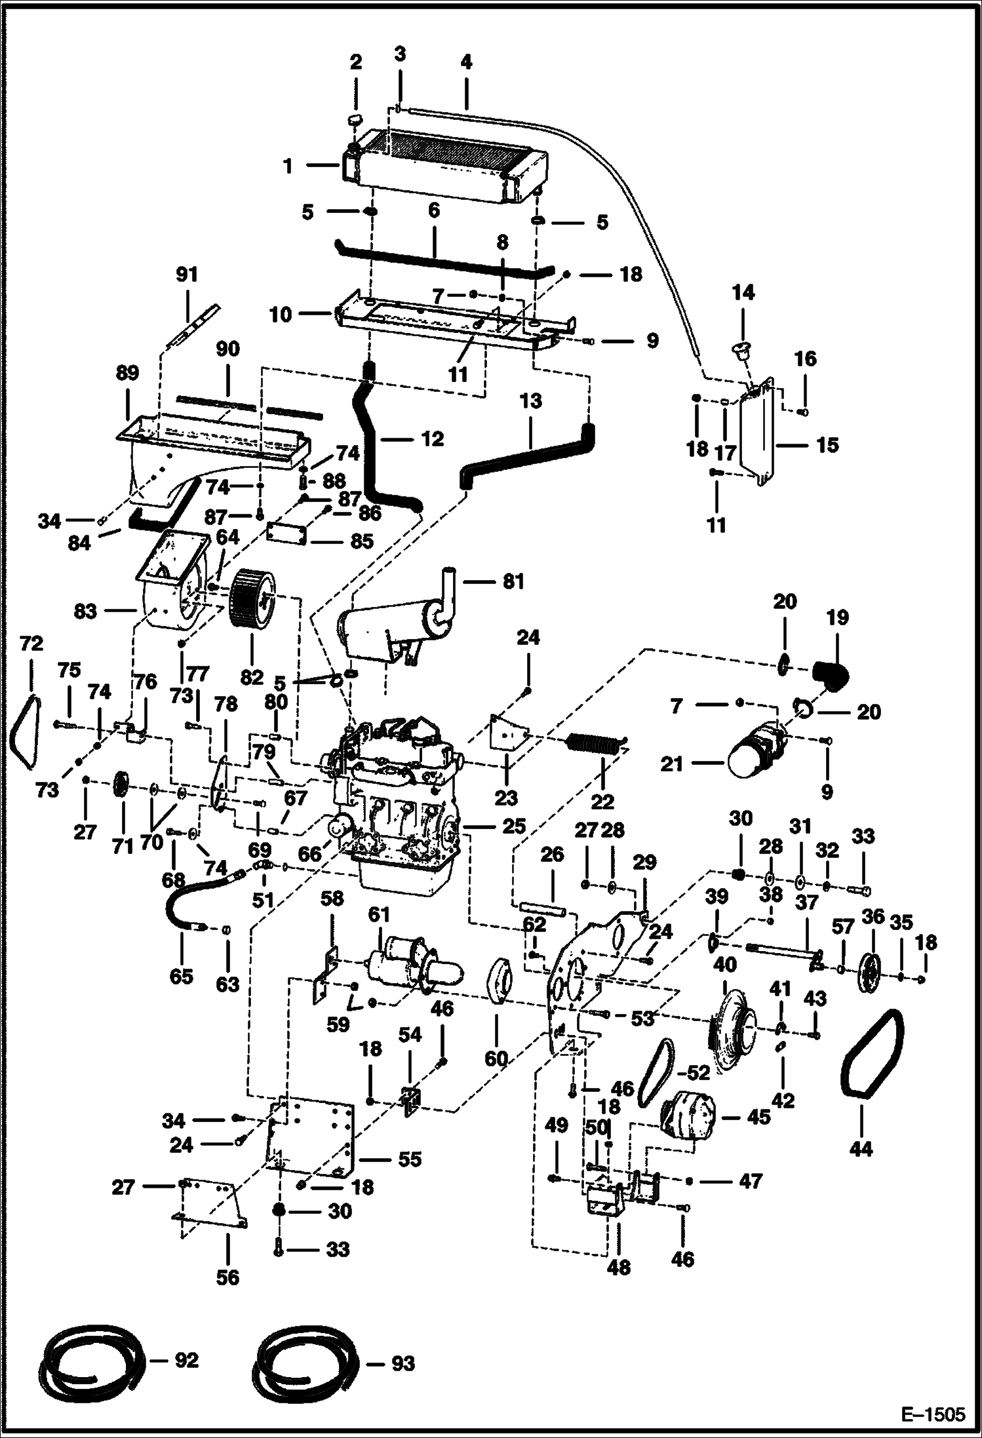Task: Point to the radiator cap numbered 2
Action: [x=355, y=121]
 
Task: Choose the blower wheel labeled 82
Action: [x=252, y=606]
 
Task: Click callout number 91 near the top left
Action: [x=187, y=274]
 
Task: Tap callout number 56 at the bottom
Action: [x=227, y=1277]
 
